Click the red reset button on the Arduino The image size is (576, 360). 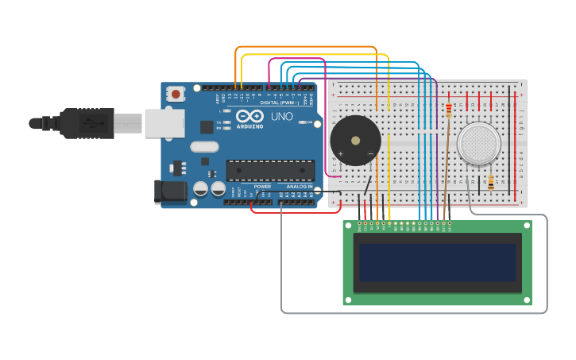pyautogui.click(x=175, y=94)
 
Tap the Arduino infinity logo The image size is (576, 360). pyautogui.click(x=249, y=116)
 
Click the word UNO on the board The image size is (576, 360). pyautogui.click(x=282, y=116)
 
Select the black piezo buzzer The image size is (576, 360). pyautogui.click(x=355, y=141)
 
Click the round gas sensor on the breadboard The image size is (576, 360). pyautogui.click(x=479, y=144)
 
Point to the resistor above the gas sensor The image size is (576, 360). pyautogui.click(x=449, y=110)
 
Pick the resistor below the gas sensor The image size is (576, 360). pyautogui.click(x=490, y=182)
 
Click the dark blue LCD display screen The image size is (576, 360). pyautogui.click(x=437, y=263)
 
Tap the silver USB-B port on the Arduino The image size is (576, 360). pyautogui.click(x=164, y=123)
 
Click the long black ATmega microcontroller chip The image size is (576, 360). pyautogui.click(x=270, y=170)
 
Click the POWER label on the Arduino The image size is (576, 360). pyautogui.click(x=262, y=186)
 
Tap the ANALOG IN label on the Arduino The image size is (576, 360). pyautogui.click(x=300, y=186)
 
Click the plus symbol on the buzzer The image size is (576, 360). pyautogui.click(x=341, y=153)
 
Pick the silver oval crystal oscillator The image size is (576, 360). pyautogui.click(x=204, y=146)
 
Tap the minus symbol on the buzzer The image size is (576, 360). pyautogui.click(x=370, y=153)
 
